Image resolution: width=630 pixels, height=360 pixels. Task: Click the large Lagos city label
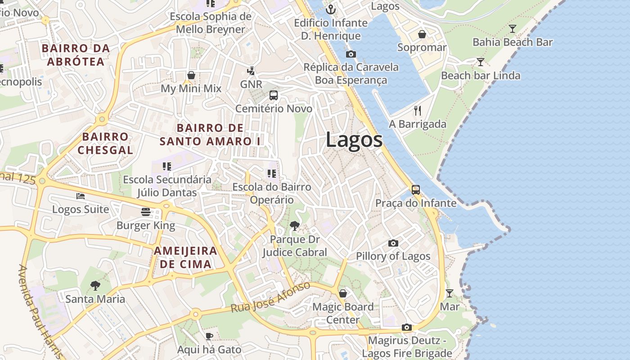click(x=354, y=139)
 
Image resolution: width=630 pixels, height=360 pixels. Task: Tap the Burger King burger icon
click(x=145, y=211)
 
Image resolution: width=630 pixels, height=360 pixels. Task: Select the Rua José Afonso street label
click(x=271, y=297)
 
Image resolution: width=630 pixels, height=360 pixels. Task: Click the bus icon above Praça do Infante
click(x=416, y=189)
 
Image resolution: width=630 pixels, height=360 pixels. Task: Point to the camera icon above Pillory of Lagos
click(x=393, y=243)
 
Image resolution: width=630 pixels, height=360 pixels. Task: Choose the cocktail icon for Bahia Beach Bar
click(x=512, y=29)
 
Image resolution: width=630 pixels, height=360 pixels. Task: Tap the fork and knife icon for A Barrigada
click(x=418, y=111)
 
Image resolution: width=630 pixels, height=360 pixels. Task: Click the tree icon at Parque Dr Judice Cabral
click(x=295, y=225)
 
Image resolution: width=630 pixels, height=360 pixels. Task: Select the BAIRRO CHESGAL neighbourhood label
click(x=105, y=143)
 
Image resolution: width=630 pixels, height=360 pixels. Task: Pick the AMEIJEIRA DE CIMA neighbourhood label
click(x=185, y=257)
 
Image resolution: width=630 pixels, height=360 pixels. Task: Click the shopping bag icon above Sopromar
click(x=422, y=34)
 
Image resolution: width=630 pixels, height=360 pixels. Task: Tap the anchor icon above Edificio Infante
click(x=331, y=9)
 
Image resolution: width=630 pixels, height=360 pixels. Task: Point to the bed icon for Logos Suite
click(x=81, y=196)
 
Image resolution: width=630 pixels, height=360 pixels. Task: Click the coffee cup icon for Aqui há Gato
click(x=209, y=336)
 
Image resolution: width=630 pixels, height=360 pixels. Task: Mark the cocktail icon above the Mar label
click(x=449, y=293)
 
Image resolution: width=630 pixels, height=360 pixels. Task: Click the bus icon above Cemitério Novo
click(x=274, y=95)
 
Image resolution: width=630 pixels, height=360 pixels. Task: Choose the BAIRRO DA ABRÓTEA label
click(x=76, y=54)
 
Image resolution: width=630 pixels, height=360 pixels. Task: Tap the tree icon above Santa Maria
click(x=95, y=285)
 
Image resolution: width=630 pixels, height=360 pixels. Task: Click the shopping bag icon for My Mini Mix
click(x=191, y=75)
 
